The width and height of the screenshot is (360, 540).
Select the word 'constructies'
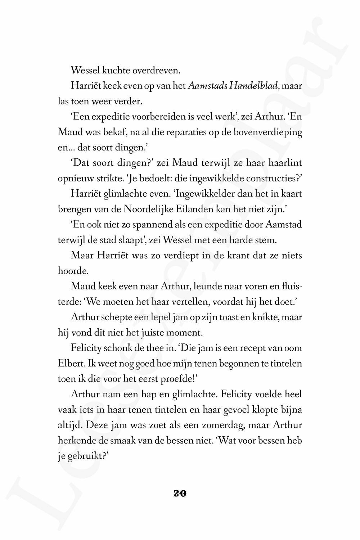pos(272,179)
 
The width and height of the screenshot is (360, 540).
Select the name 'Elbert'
pos(70,363)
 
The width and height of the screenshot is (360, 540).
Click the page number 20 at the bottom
pos(180,494)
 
